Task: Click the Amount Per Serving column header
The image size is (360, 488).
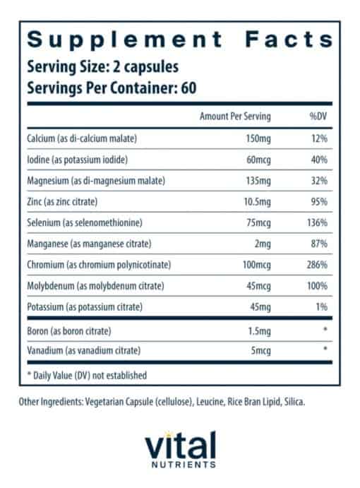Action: coord(235,117)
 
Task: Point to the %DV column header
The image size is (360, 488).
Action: coord(316,117)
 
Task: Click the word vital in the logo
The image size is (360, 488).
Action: coord(179,446)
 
